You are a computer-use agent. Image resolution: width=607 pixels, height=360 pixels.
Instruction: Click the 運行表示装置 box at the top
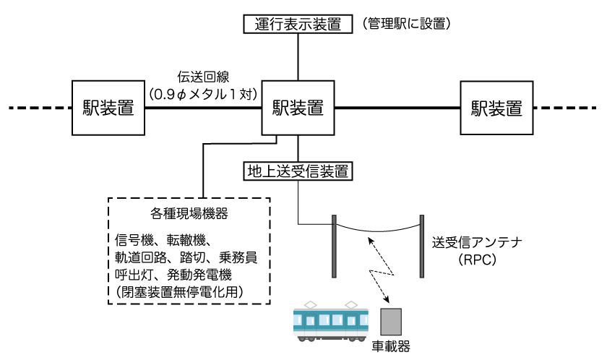pyautogui.click(x=297, y=24)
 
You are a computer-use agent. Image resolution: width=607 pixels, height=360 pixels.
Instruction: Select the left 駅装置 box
pyautogui.click(x=108, y=108)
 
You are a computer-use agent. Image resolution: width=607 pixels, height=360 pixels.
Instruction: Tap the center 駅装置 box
pyautogui.click(x=297, y=108)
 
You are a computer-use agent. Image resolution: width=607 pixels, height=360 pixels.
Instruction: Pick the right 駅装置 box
pyautogui.click(x=496, y=108)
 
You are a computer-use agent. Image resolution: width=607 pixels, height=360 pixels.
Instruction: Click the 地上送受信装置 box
pyautogui.click(x=297, y=172)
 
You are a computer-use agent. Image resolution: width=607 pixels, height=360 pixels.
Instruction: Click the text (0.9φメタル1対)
pyautogui.click(x=205, y=94)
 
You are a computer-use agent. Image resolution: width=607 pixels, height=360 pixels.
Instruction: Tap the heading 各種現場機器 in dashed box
pyautogui.click(x=190, y=214)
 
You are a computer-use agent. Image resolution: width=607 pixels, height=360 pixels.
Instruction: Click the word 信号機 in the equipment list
pyautogui.click(x=132, y=240)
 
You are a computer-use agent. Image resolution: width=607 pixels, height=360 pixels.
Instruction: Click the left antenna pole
pyautogui.click(x=334, y=246)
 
